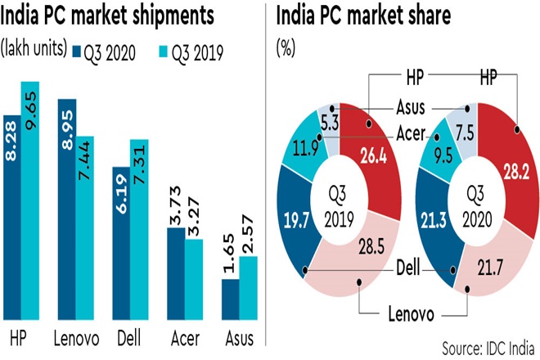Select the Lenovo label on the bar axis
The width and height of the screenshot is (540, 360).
coord(75,339)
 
